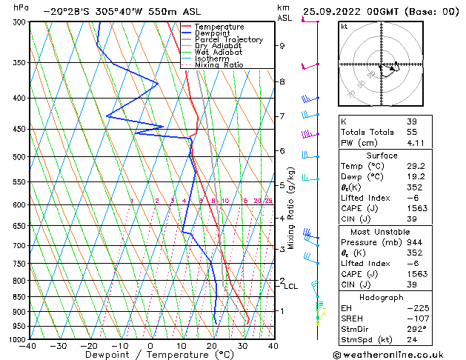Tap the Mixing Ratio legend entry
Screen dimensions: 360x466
tap(218, 65)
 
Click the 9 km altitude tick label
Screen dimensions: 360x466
tap(282, 46)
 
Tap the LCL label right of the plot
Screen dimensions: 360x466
tap(291, 287)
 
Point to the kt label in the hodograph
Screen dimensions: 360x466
tap(344, 27)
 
